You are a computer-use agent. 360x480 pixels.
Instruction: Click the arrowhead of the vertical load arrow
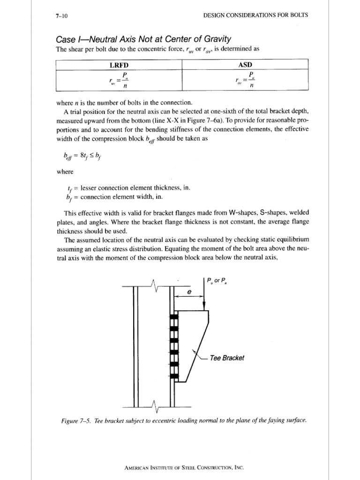click(x=204, y=307)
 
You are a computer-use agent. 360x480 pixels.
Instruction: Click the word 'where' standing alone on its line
click(x=64, y=172)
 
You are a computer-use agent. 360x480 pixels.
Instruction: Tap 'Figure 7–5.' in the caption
click(x=76, y=420)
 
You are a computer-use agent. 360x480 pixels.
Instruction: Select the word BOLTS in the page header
click(x=298, y=15)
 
